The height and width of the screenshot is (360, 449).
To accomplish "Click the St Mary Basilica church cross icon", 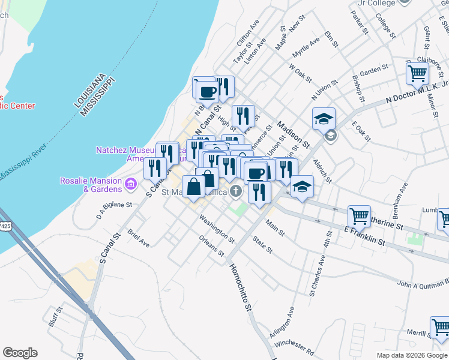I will pyautogui.click(x=237, y=191).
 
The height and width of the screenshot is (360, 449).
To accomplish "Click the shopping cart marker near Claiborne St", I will pyautogui.click(x=417, y=74).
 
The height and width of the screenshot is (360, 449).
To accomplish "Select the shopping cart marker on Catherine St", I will pyautogui.click(x=360, y=215).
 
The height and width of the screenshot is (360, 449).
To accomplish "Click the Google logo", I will pyautogui.click(x=20, y=353).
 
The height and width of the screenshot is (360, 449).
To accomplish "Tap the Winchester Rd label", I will pyautogui.click(x=294, y=346).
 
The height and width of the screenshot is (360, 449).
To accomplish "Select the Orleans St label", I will pyautogui.click(x=216, y=247).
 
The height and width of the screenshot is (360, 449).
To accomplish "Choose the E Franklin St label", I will pyautogui.click(x=364, y=235).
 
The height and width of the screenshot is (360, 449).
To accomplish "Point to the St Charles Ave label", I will pyautogui.click(x=318, y=275).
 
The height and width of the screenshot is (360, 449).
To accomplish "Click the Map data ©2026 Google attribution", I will pyautogui.click(x=412, y=355).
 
